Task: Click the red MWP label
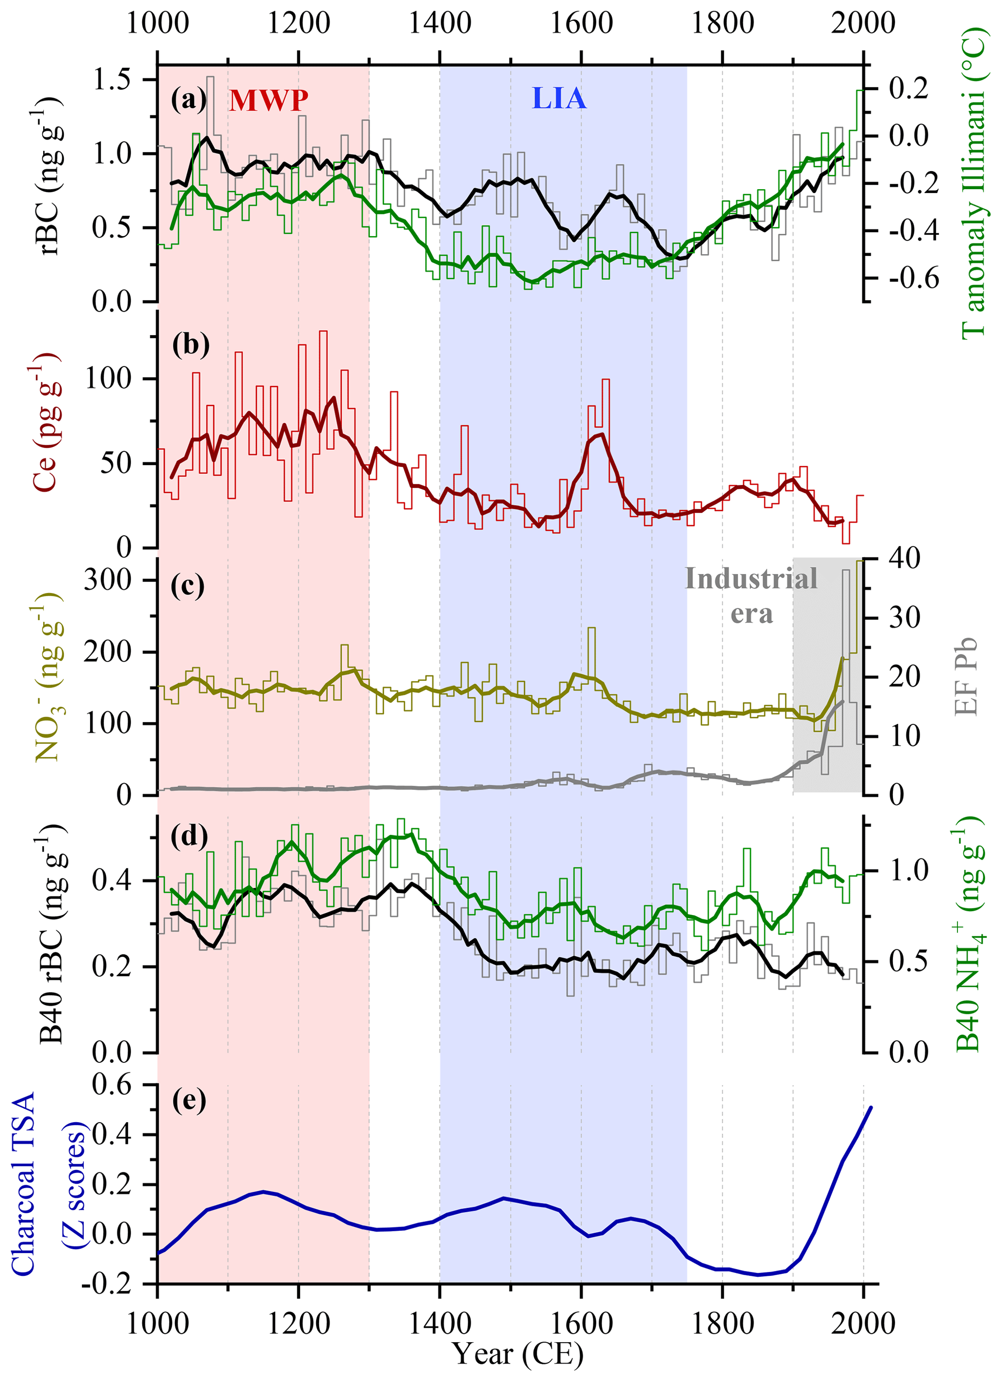[269, 100]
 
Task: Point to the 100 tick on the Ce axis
[109, 378]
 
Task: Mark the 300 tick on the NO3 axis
[108, 579]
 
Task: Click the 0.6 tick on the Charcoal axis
[111, 1085]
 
